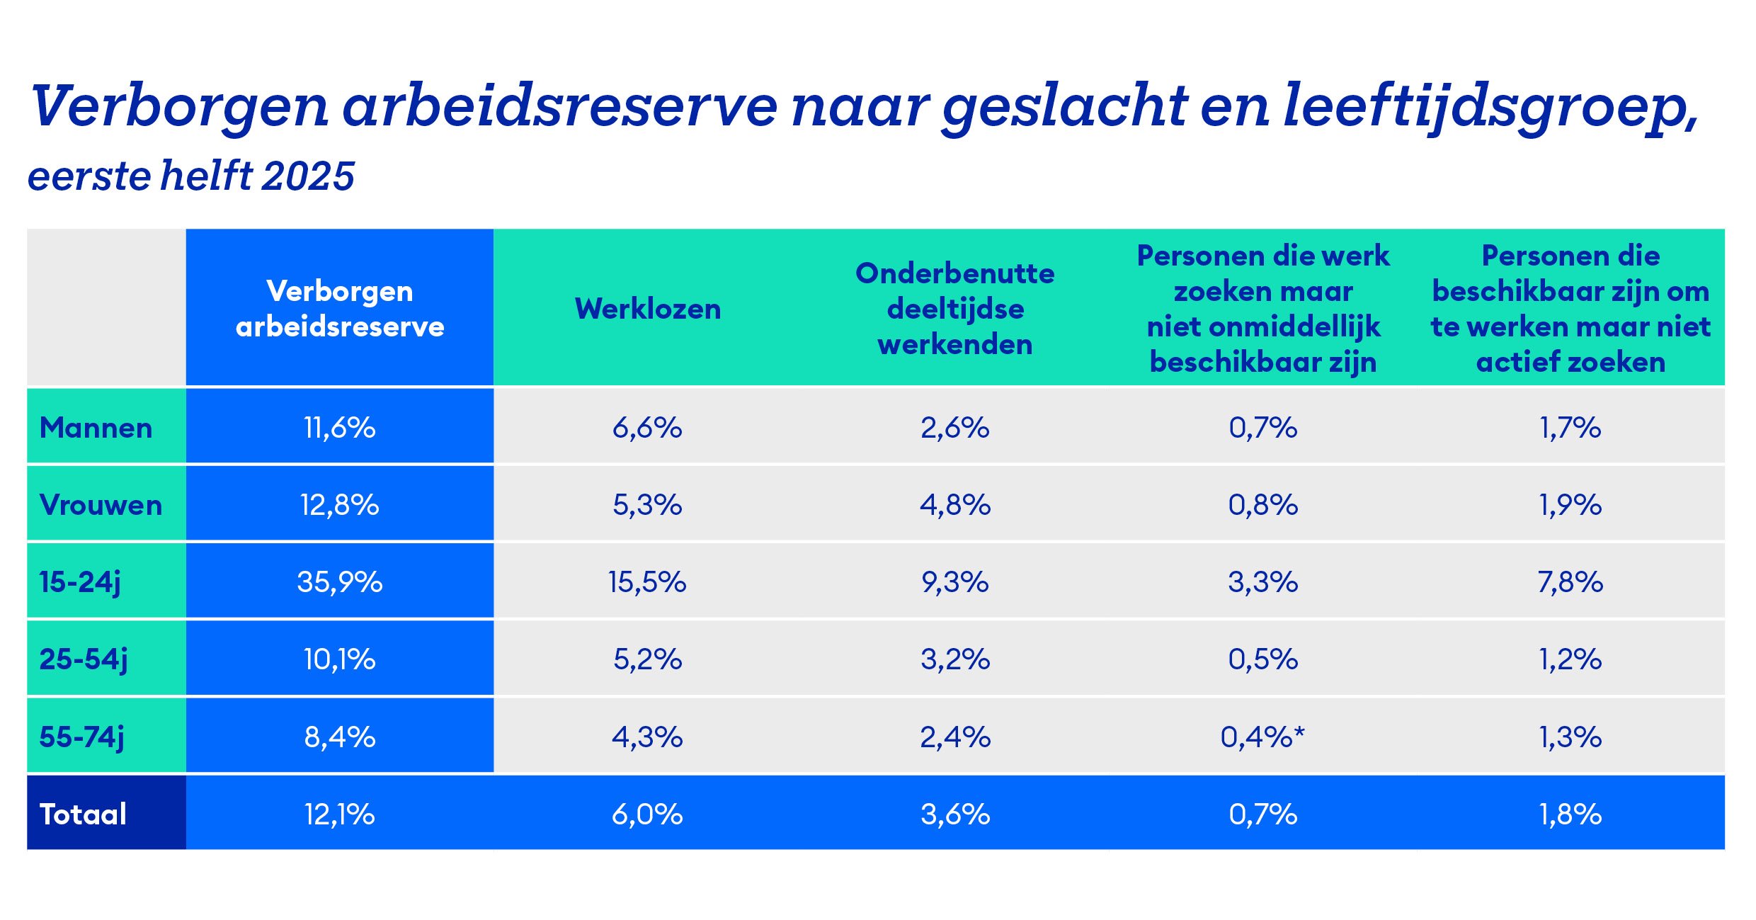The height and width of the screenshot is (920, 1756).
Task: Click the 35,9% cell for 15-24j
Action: tap(340, 582)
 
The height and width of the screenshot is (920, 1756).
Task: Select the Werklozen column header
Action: tap(648, 309)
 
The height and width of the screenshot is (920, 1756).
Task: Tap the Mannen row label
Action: tap(96, 428)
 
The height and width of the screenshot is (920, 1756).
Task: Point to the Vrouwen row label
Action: tap(101, 505)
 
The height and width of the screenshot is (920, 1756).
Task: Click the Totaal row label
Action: tap(84, 814)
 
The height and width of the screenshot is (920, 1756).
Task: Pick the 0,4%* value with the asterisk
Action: tap(1262, 737)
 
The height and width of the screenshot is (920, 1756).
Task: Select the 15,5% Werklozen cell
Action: tap(647, 582)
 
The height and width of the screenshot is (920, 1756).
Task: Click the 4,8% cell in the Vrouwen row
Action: tap(955, 505)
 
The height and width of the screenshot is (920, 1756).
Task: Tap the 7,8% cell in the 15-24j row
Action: tap(1570, 582)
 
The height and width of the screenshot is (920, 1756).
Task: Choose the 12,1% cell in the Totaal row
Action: tap(340, 814)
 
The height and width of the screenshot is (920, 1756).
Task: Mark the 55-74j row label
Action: tap(82, 737)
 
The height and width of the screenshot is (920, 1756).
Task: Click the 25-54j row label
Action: tap(84, 659)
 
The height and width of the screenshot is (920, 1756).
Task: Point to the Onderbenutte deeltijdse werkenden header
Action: tap(955, 309)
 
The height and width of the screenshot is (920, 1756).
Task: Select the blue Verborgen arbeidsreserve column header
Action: tap(340, 309)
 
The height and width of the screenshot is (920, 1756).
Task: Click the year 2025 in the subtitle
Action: tap(308, 176)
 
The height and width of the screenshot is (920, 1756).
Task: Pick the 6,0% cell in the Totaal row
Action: tap(647, 814)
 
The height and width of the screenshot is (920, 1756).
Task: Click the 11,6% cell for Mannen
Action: tap(340, 428)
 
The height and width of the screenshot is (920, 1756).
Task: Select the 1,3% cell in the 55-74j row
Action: tap(1570, 737)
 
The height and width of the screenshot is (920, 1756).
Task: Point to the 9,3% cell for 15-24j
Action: tap(955, 582)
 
